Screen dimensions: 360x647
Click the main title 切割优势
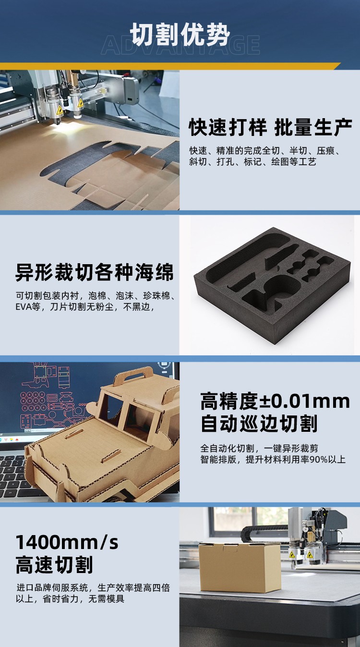pyautogui.click(x=180, y=34)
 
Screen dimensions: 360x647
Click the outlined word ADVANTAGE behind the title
pyautogui.click(x=180, y=45)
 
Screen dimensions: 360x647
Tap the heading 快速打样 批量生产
pyautogui.click(x=270, y=127)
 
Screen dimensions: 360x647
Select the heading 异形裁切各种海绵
pyautogui.click(x=95, y=272)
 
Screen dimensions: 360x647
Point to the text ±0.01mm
pyautogui.click(x=304, y=401)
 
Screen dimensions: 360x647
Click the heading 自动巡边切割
pyautogui.click(x=259, y=424)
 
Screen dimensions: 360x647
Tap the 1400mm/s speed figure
pyautogui.click(x=67, y=542)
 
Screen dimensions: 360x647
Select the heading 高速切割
pyautogui.click(x=54, y=565)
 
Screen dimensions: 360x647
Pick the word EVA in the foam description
pyautogui.click(x=23, y=307)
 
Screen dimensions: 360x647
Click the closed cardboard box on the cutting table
pyautogui.click(x=240, y=567)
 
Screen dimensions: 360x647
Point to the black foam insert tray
pyautogui.click(x=272, y=285)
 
